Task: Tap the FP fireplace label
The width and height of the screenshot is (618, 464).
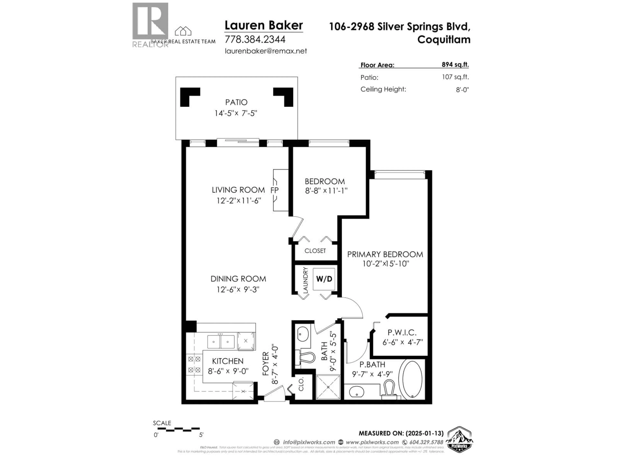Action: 274,190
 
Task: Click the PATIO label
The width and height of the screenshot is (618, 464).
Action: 236,102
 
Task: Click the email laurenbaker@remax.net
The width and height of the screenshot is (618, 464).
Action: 266,51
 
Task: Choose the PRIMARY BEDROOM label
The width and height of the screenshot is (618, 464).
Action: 385,254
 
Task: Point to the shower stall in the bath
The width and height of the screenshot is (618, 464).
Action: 328,387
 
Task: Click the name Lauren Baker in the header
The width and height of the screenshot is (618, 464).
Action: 263,25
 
